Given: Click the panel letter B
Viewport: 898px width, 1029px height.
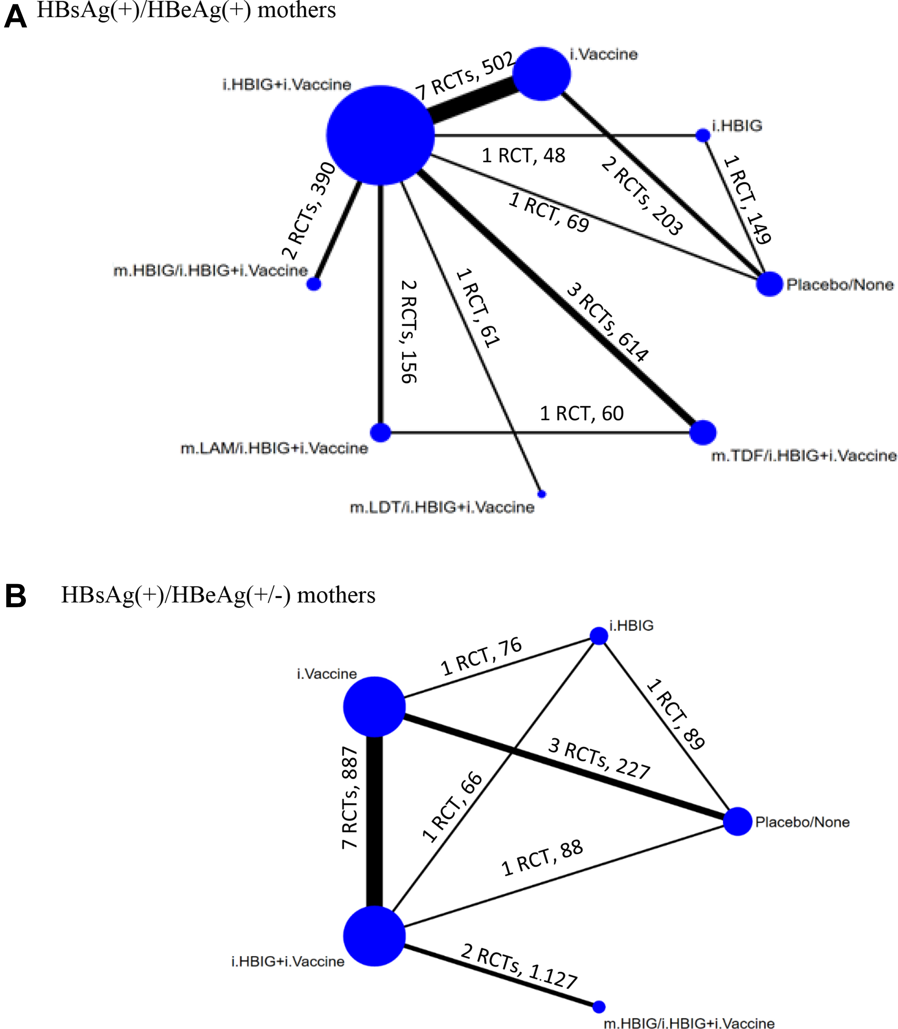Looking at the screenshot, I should [16, 597].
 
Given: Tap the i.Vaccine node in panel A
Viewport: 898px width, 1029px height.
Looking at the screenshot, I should [542, 74].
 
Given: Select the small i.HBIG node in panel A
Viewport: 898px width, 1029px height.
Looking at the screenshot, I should [703, 135].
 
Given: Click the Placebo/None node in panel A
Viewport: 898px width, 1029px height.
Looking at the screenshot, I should [769, 284].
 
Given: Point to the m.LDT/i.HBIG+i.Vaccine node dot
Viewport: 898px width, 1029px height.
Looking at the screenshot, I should [542, 494].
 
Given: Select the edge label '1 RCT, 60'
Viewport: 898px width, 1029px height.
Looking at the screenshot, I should [581, 414].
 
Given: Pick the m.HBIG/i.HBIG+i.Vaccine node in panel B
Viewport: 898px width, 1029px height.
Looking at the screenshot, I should [599, 1006].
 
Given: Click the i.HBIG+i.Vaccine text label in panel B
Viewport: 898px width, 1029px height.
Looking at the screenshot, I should [288, 961].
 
